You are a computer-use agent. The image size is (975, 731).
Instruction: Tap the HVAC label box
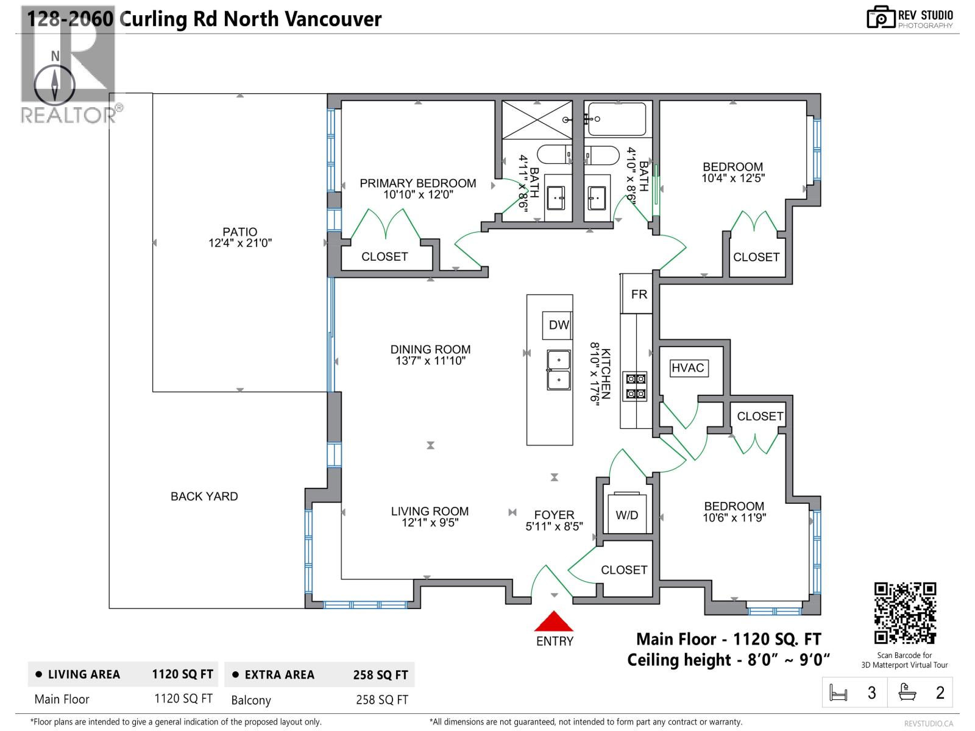tap(688, 368)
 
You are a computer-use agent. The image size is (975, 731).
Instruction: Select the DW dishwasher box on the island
tap(558, 325)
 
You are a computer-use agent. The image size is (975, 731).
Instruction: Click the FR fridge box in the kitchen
tap(638, 294)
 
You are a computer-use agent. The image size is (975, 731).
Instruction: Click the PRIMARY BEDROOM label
tap(417, 183)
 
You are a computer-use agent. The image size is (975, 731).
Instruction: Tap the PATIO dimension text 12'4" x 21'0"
tap(239, 243)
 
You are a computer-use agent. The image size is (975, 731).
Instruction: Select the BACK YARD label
tap(204, 496)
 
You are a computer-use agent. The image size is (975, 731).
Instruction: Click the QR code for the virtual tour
tap(905, 613)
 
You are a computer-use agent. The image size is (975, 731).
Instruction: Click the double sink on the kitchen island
tap(559, 370)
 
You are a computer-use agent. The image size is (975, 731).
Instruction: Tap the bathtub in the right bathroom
tap(617, 119)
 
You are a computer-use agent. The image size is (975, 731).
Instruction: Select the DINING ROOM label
tap(430, 350)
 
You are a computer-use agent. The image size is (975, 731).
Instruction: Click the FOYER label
tap(554, 515)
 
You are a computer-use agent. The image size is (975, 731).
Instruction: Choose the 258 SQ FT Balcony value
tap(381, 700)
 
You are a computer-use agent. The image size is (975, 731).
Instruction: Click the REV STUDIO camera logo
tap(880, 17)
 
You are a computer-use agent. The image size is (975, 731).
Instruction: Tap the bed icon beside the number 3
tap(838, 693)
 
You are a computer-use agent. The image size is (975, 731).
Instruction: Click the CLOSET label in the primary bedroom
tap(385, 256)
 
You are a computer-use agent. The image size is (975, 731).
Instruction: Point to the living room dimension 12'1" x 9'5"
tap(430, 523)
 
